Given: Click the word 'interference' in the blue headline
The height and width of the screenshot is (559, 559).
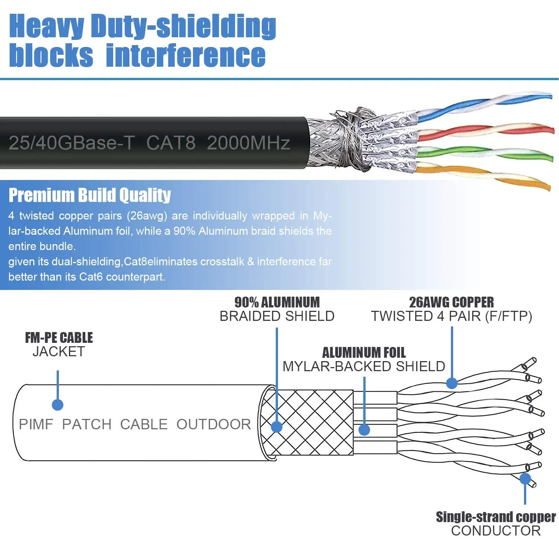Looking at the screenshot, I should pyautogui.click(x=186, y=56).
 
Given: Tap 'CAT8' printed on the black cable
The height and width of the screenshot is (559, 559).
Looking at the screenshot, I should pyautogui.click(x=171, y=143).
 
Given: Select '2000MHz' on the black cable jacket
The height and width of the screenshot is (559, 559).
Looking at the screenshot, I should pyautogui.click(x=248, y=143).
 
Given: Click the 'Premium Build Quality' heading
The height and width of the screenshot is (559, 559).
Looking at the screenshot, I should pyautogui.click(x=89, y=195).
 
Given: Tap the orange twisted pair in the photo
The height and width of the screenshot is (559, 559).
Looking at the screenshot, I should pyautogui.click(x=484, y=175).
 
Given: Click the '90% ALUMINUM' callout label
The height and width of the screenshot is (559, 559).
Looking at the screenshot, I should pyautogui.click(x=277, y=302).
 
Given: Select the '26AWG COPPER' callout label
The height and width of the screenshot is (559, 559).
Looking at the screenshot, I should pyautogui.click(x=451, y=302).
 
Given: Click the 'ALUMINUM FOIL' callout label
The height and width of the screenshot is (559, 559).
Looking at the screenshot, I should pyautogui.click(x=364, y=353).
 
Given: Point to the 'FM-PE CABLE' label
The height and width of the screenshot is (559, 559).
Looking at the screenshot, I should pyautogui.click(x=59, y=338).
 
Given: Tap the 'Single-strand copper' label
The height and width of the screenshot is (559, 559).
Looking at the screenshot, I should pyautogui.click(x=496, y=517).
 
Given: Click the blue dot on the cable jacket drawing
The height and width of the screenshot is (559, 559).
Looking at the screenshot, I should pyautogui.click(x=57, y=405).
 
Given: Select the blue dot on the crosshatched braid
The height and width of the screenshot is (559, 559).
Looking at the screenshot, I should pyautogui.click(x=277, y=427).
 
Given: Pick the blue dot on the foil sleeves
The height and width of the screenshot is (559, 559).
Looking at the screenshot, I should pyautogui.click(x=364, y=430).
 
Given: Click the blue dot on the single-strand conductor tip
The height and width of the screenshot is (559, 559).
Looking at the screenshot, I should pyautogui.click(x=525, y=479).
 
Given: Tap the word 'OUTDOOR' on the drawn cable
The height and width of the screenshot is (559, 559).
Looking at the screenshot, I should pyautogui.click(x=214, y=424).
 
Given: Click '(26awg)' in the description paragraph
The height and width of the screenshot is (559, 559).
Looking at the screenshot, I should pyautogui.click(x=147, y=216).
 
